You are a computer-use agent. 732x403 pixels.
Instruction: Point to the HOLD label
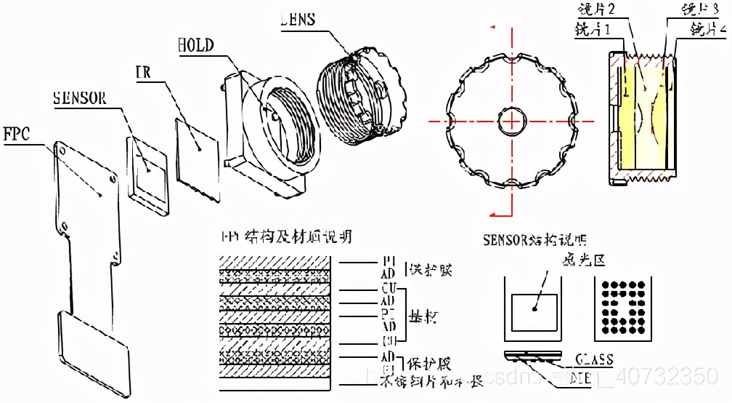pos(195,45)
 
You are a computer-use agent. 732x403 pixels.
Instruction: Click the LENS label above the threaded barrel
pos(297,19)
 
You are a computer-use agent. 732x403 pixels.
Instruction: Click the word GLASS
pos(594,359)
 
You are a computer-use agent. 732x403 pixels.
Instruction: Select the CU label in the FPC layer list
pos(388,289)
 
